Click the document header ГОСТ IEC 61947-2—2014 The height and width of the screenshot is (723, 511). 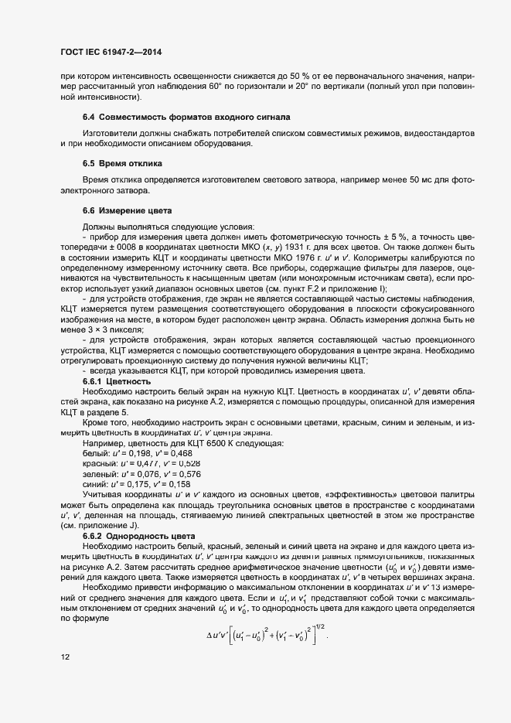point(111,52)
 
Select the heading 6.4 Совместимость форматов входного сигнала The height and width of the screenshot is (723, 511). point(186,117)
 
